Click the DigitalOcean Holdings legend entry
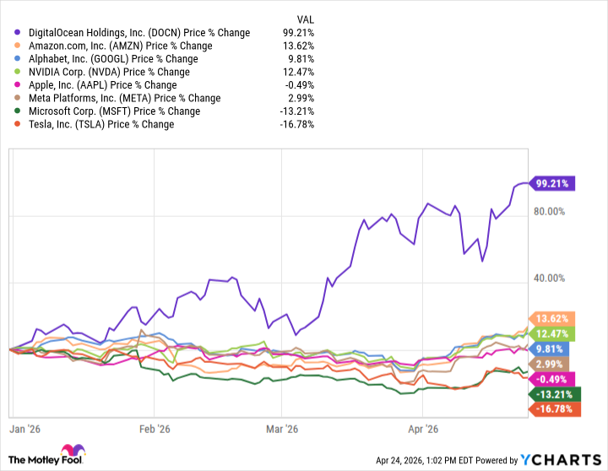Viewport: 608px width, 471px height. pos(138,33)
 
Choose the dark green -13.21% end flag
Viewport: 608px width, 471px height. pos(552,394)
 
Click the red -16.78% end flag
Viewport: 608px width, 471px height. pos(552,409)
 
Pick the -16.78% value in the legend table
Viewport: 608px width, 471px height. pos(307,124)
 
